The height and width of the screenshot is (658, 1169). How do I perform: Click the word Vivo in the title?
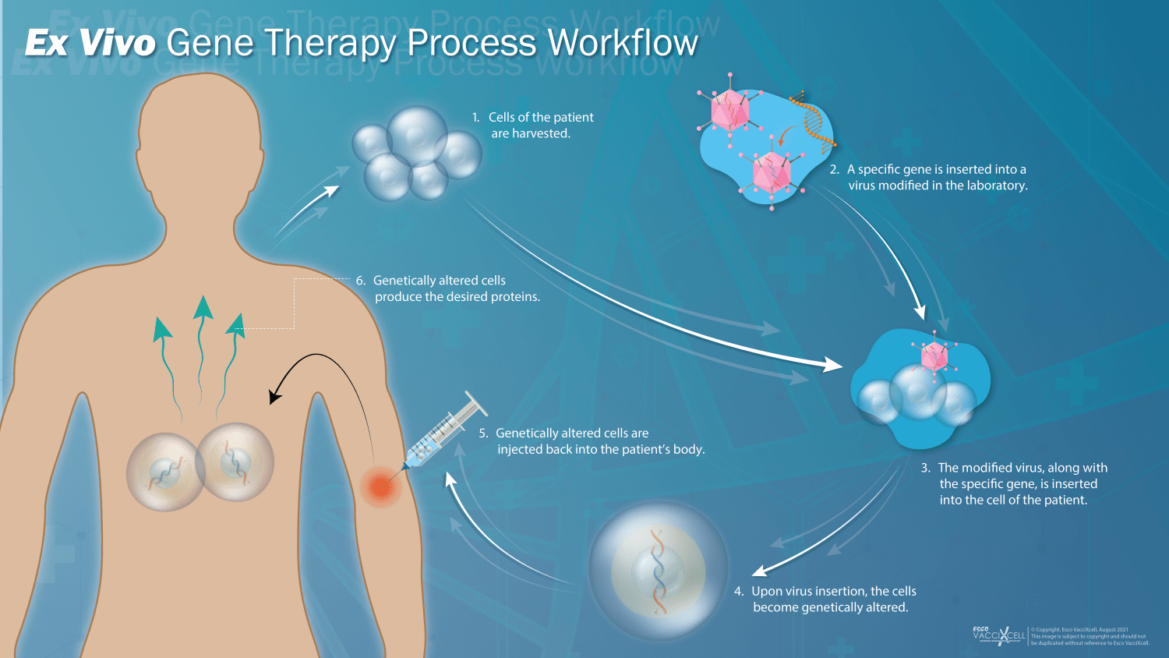tap(117, 43)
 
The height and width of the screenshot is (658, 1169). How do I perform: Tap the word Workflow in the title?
tap(623, 43)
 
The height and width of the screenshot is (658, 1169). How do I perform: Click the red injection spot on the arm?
tap(380, 486)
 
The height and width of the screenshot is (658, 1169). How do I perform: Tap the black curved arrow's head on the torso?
tap(274, 396)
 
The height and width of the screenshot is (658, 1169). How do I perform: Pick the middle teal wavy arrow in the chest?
tap(202, 343)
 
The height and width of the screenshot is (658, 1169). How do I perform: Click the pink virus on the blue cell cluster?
tap(934, 356)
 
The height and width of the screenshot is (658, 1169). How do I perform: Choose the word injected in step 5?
tap(520, 450)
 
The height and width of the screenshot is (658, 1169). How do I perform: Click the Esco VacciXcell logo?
tap(998, 635)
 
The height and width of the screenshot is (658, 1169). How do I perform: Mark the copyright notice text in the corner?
tap(1090, 636)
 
